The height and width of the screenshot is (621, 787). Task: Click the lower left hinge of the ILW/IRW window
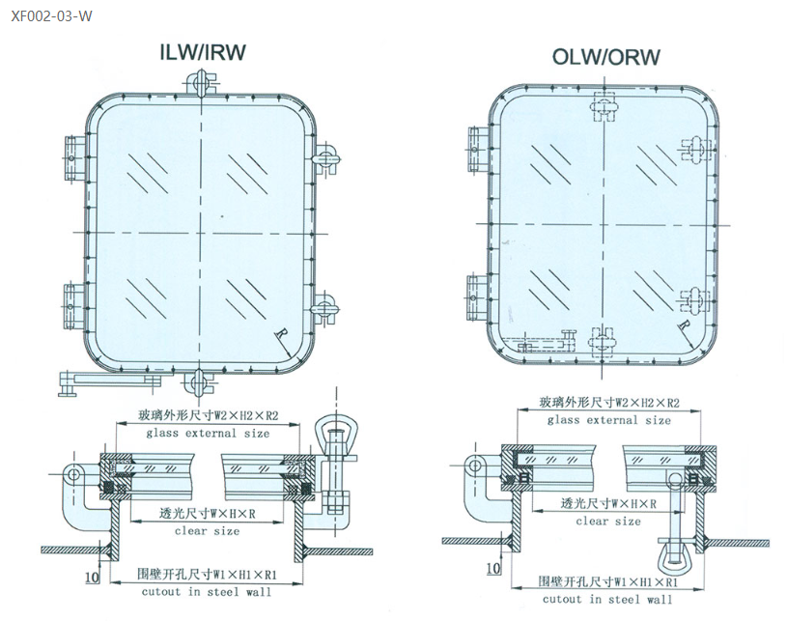74,302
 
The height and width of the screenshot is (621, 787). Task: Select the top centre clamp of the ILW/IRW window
201,86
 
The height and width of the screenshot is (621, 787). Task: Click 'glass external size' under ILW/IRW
208,434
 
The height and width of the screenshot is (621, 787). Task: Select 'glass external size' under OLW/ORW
608,420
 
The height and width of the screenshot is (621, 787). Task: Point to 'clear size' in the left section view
207,531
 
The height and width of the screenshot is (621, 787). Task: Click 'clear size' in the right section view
607,522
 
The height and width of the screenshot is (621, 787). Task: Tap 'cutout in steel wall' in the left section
206,592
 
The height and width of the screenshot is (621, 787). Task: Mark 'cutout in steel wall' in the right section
607,600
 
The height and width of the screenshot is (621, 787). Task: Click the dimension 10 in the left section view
90,578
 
